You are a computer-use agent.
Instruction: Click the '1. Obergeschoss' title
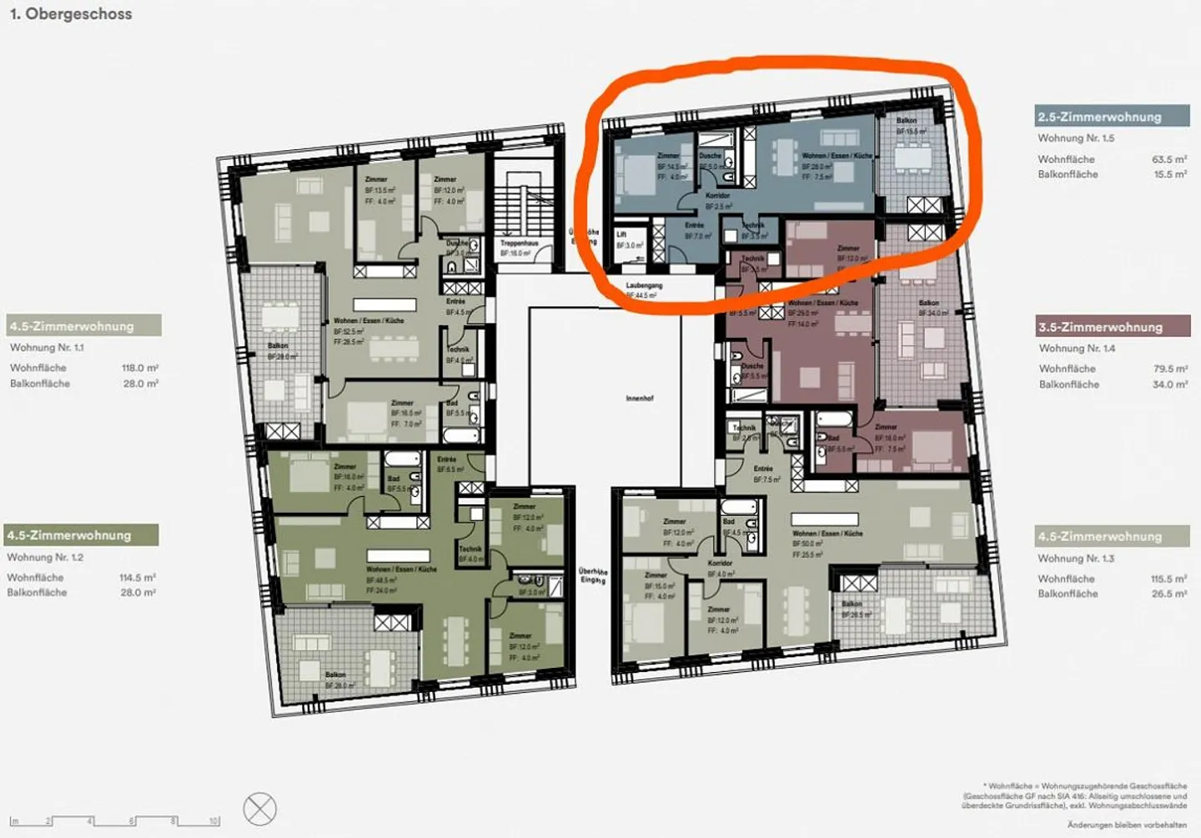pos(71,14)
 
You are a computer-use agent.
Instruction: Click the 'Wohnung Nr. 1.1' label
pos(47,348)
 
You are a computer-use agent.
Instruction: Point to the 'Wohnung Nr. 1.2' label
pos(45,557)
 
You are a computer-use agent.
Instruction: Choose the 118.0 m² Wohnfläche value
pos(140,368)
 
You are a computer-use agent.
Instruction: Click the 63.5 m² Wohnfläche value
pos(1169,159)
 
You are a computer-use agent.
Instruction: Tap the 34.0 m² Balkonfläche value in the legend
pos(1169,384)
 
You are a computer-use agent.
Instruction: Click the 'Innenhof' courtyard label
pos(640,399)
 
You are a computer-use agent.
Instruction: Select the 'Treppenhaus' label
pos(519,243)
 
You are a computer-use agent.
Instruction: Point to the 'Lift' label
pos(621,235)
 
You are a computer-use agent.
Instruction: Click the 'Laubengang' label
pos(644,285)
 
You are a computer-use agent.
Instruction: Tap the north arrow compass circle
pos(260,809)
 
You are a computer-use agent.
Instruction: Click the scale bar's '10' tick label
pos(214,821)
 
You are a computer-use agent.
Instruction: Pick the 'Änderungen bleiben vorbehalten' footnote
pos(1127,825)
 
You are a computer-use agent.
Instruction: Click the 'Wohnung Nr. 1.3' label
pos(1076,558)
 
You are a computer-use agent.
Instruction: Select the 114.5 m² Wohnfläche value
pos(138,577)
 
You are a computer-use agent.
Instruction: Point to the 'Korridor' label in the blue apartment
pos(717,196)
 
